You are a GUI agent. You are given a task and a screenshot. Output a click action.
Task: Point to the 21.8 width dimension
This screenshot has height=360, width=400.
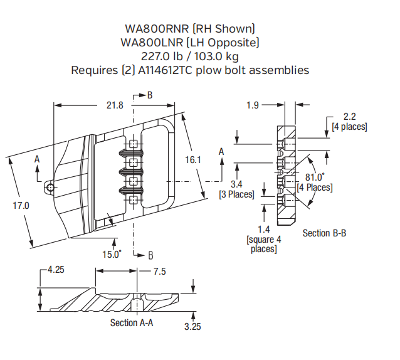[114, 105]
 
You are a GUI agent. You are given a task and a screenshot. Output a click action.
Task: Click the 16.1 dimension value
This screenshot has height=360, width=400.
[192, 160]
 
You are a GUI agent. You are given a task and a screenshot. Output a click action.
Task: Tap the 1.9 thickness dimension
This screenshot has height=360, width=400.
[252, 105]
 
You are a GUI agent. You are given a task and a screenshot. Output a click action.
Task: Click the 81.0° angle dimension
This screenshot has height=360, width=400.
[315, 177]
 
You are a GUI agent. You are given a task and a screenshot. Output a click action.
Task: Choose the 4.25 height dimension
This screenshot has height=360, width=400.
[55, 270]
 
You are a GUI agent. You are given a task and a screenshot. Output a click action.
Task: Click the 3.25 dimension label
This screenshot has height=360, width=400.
[193, 326]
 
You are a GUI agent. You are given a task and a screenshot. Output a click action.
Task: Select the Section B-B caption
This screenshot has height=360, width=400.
[324, 233]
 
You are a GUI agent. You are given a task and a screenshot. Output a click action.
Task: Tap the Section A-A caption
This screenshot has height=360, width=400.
[132, 322]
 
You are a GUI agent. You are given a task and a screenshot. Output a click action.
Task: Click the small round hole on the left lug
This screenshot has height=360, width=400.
[50, 188]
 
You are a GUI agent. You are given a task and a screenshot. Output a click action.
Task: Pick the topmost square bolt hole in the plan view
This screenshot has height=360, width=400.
[133, 146]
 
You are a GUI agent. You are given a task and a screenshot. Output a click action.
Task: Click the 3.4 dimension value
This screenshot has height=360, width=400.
[236, 184]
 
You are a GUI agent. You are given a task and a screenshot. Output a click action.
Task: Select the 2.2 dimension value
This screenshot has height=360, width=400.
[349, 116]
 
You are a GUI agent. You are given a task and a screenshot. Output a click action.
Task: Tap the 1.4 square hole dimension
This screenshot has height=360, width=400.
[263, 230]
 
